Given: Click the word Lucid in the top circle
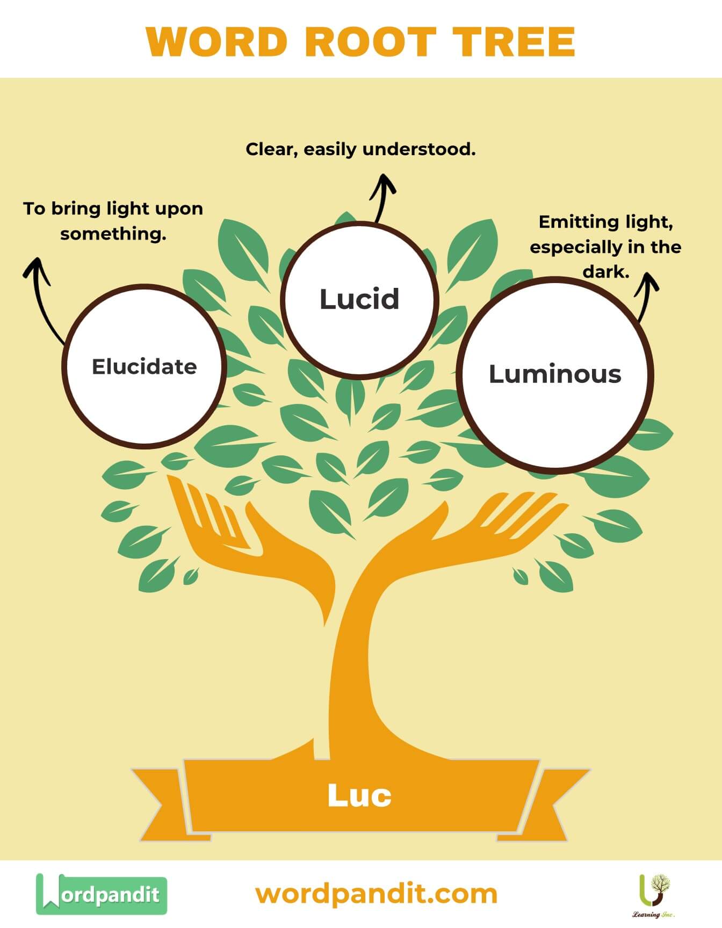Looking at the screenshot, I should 359,299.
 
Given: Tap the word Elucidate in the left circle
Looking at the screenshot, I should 144,367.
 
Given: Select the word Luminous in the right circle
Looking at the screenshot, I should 554,374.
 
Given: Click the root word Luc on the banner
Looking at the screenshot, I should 359,795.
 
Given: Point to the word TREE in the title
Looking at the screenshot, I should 514,42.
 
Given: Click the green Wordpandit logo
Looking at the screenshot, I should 101,894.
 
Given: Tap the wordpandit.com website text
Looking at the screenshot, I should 376,894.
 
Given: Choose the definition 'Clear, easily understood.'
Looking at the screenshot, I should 360,149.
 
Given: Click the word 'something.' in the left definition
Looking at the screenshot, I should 113,234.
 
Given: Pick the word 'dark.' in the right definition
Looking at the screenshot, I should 606,272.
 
